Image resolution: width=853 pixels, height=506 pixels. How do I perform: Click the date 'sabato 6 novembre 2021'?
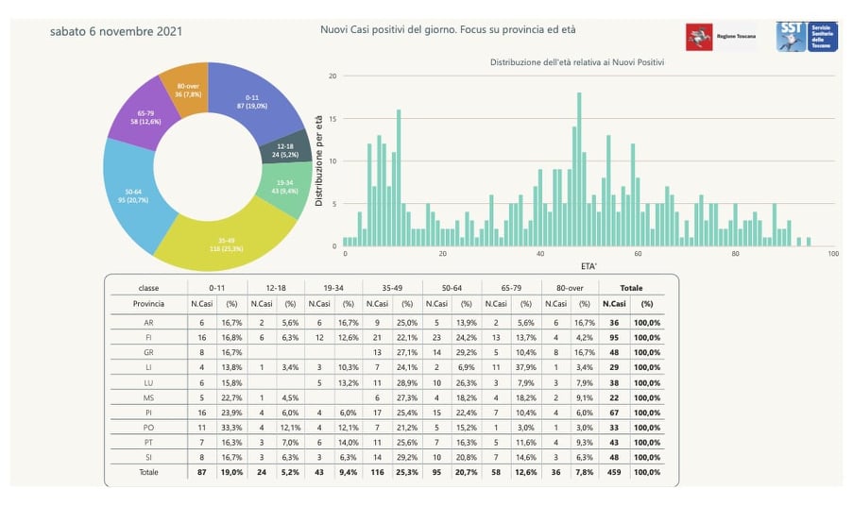pyautogui.click(x=116, y=32)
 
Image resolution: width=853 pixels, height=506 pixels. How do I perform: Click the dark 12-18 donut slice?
pyautogui.click(x=284, y=150)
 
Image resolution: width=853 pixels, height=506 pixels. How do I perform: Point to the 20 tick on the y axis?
pyautogui.click(x=332, y=76)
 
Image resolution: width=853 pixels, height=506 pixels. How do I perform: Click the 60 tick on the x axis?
pyautogui.click(x=638, y=254)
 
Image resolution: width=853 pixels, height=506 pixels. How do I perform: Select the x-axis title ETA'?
pyautogui.click(x=588, y=267)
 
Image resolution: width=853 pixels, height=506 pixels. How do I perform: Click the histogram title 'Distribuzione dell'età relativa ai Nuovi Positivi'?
pyautogui.click(x=576, y=62)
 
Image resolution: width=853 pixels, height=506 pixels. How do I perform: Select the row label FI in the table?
pyautogui.click(x=149, y=337)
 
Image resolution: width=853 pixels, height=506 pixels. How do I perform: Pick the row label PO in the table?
pyautogui.click(x=149, y=428)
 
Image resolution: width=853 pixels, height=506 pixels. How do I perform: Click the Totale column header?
pyautogui.click(x=632, y=286)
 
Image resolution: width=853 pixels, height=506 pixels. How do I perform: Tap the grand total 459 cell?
pyautogui.click(x=615, y=473)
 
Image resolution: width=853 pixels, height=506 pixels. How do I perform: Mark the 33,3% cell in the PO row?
pyautogui.click(x=231, y=428)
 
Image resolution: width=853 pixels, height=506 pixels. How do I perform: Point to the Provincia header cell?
pyautogui.click(x=149, y=304)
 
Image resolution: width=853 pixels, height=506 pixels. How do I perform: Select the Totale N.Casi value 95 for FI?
pyautogui.click(x=615, y=337)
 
